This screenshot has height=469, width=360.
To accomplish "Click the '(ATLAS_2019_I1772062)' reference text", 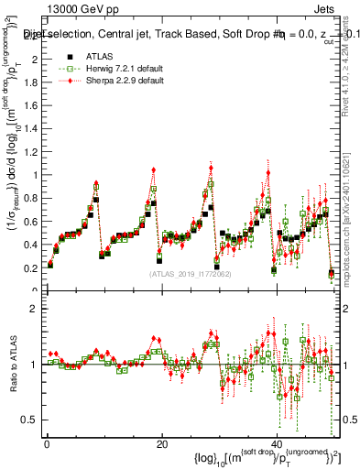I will pos(189,274).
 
